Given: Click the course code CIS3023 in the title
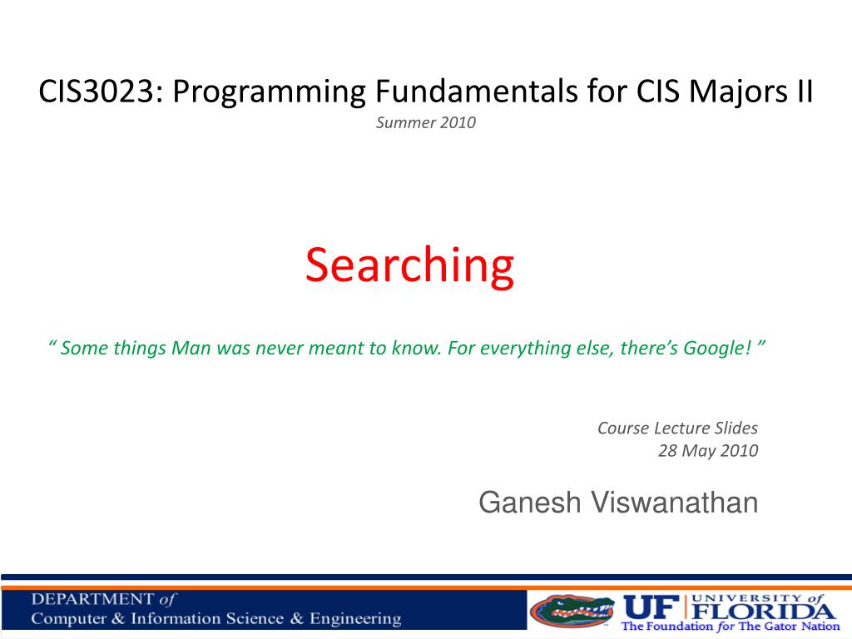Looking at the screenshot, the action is (x=97, y=92).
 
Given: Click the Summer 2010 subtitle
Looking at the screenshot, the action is (x=426, y=123).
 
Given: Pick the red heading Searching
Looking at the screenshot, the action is (x=409, y=266).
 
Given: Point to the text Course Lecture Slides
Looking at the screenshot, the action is (x=677, y=428).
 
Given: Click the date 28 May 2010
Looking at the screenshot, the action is (x=708, y=451).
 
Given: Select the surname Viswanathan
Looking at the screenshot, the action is (x=674, y=502).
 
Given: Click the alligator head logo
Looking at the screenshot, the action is (x=572, y=611).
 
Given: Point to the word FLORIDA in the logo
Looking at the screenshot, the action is (x=764, y=611).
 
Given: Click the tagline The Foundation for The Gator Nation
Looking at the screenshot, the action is (x=731, y=627).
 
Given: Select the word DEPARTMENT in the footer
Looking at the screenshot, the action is (x=92, y=599).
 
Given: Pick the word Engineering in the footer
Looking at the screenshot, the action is (x=355, y=619).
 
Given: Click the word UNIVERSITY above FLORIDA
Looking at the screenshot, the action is (x=747, y=597).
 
